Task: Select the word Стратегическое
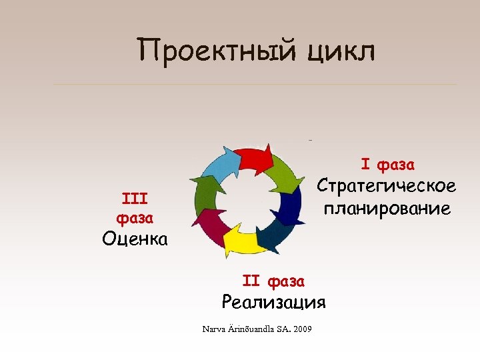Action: (386, 185)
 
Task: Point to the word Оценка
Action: (135, 239)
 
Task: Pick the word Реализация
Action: (273, 302)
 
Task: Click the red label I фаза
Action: (388, 163)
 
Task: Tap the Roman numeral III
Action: (135, 198)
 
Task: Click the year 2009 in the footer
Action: (301, 329)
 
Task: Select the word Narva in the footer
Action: (213, 329)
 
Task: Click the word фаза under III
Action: (135, 217)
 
